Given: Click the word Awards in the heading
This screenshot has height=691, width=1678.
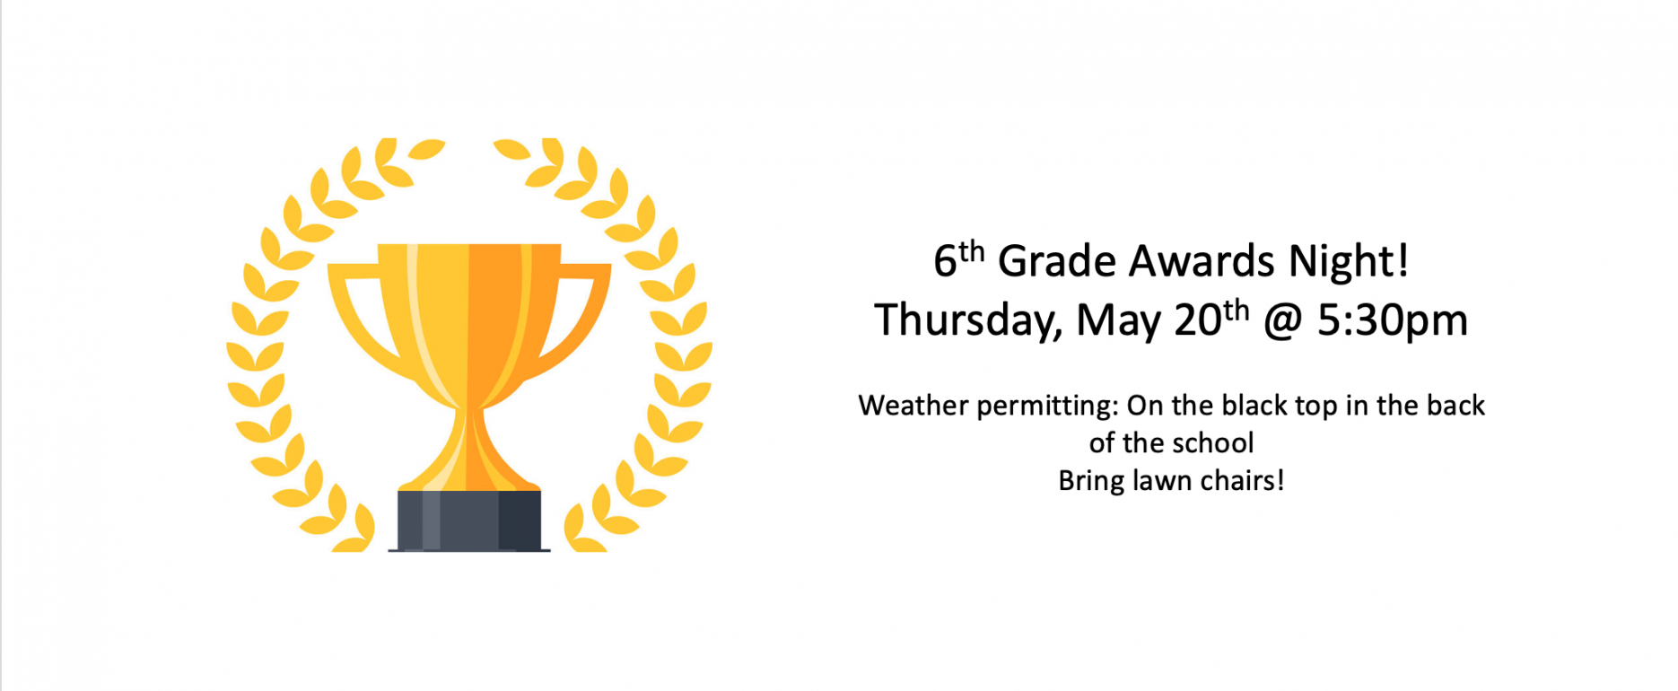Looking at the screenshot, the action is pyautogui.click(x=1202, y=261).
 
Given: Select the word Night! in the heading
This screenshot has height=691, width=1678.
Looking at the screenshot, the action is pyautogui.click(x=1349, y=262).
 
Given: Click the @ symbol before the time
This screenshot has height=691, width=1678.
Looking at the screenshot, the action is pyautogui.click(x=1283, y=321).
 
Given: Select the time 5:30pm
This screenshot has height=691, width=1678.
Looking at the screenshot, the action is pyautogui.click(x=1393, y=320).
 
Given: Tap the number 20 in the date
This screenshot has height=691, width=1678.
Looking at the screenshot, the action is pyautogui.click(x=1198, y=320).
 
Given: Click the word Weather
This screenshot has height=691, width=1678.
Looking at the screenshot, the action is pyautogui.click(x=913, y=406).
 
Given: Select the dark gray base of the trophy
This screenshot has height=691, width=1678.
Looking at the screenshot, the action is pyautogui.click(x=469, y=520).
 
